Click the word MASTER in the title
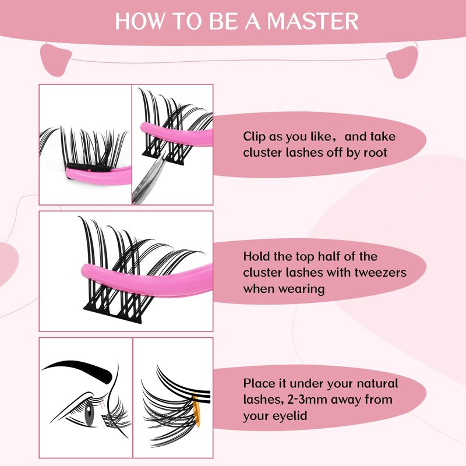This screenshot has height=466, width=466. pos(313,21)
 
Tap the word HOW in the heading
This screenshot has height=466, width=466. pos(139,21)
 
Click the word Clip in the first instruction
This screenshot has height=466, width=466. pos(254,137)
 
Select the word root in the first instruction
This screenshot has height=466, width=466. pos(375,153)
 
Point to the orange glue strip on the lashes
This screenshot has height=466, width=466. pos(196,409)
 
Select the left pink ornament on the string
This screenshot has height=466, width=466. pos(56,60)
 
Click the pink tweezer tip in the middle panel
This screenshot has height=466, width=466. pos(89,271)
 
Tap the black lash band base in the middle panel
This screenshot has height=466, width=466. pos(113,313)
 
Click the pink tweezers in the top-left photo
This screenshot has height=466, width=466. pos(98,176)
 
